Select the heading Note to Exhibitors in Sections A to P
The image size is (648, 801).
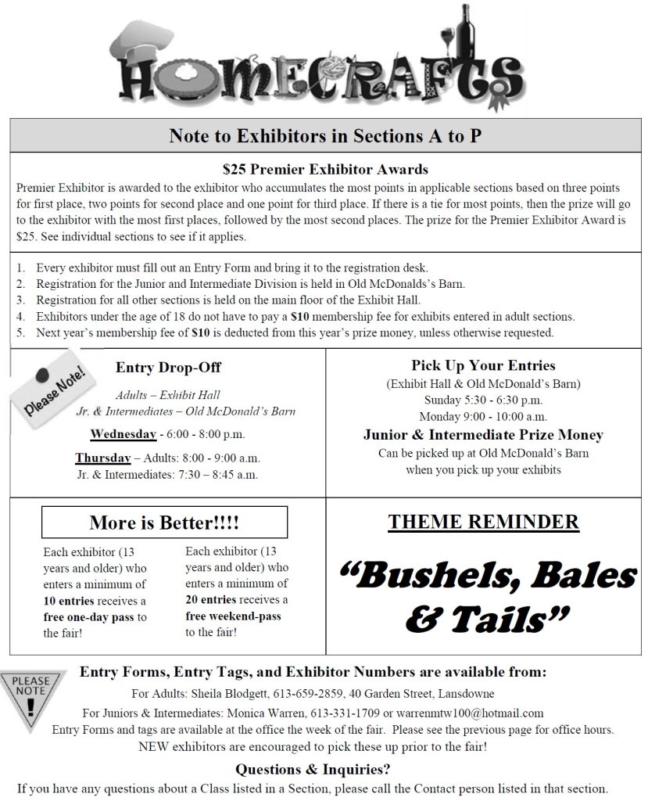(x=325, y=135)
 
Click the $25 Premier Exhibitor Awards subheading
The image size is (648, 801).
(x=325, y=169)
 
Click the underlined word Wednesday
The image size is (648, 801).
(x=123, y=433)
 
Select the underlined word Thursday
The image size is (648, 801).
(x=102, y=458)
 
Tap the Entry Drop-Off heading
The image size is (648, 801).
(x=168, y=367)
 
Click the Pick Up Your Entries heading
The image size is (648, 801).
(x=483, y=365)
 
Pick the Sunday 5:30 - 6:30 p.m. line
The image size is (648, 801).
(x=483, y=400)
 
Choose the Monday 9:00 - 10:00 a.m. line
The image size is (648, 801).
(x=483, y=416)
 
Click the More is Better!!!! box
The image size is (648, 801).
(x=164, y=522)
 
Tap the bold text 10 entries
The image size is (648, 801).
(x=72, y=601)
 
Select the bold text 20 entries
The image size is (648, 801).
(x=214, y=599)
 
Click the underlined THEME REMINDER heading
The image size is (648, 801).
(x=483, y=522)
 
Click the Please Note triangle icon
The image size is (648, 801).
(x=31, y=697)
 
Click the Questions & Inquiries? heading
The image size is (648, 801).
(x=313, y=768)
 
